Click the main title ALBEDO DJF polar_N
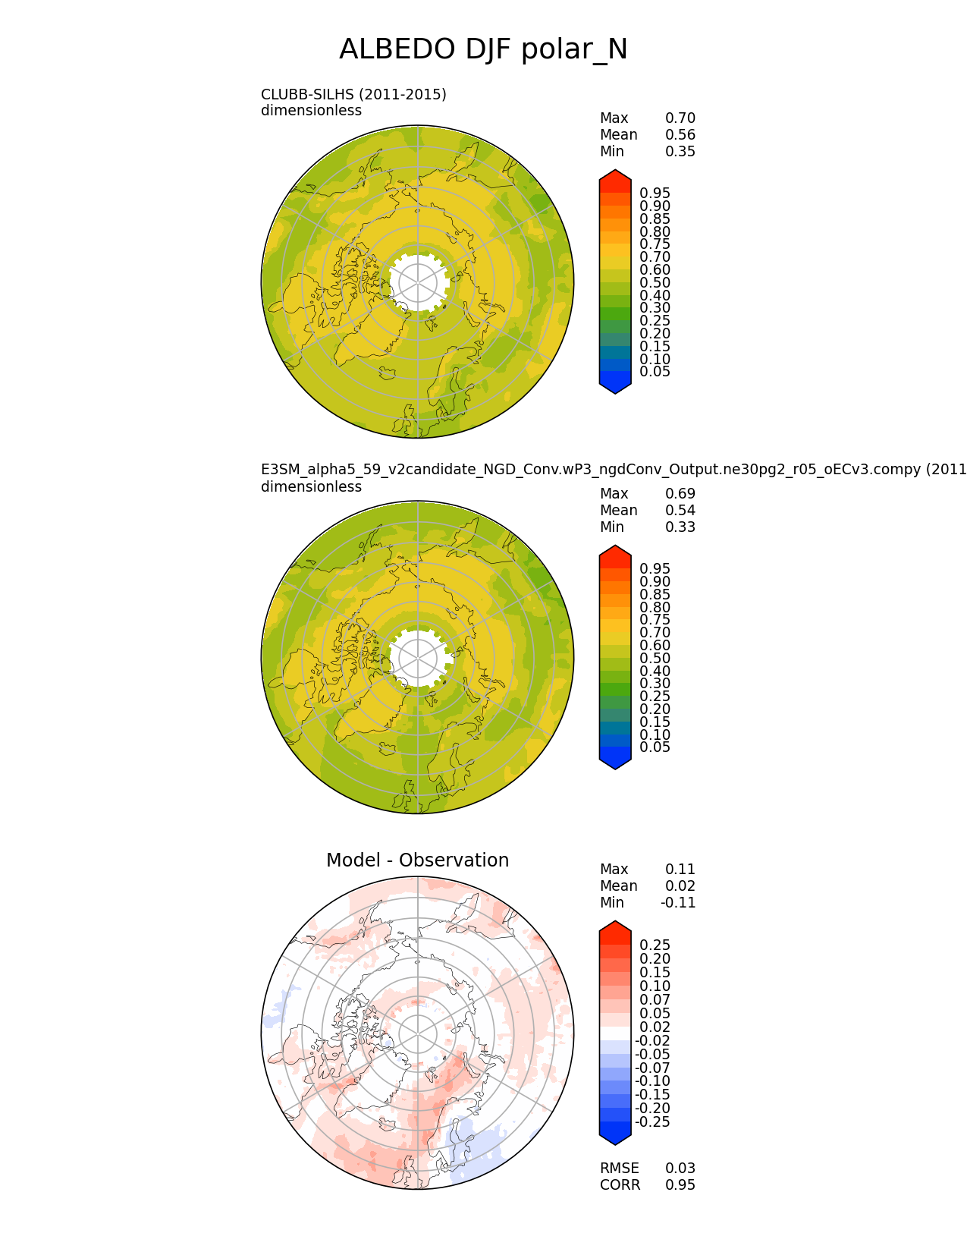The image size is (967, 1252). pos(482,49)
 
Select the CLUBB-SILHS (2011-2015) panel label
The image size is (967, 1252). pos(353,95)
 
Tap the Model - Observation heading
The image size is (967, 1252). pos(418,860)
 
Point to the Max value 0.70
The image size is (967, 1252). pos(680,118)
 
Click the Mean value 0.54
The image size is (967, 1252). pos(680,511)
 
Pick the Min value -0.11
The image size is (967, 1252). pos(678,903)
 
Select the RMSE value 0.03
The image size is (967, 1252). pos(680,1169)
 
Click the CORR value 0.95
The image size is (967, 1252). pos(680,1185)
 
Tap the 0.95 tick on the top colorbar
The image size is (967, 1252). pos(655,193)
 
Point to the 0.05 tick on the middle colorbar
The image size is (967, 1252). pos(655,747)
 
